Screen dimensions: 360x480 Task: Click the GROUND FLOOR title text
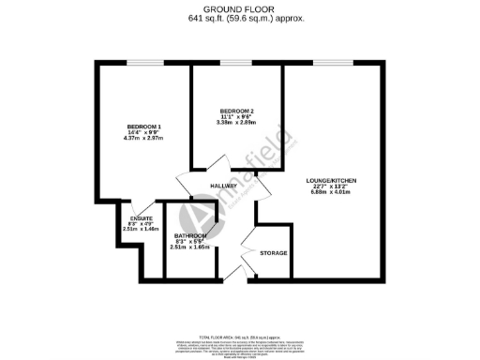(239, 8)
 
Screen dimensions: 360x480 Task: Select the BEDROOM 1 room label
(144, 127)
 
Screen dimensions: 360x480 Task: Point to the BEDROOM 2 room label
(236, 111)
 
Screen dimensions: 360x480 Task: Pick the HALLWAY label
(222, 186)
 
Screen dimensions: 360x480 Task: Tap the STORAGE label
(274, 253)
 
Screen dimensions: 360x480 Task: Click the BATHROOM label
(190, 236)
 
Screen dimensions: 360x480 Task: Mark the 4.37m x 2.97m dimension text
(144, 140)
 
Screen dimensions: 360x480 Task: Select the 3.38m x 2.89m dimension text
(236, 123)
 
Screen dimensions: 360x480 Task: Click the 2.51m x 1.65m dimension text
(190, 248)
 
